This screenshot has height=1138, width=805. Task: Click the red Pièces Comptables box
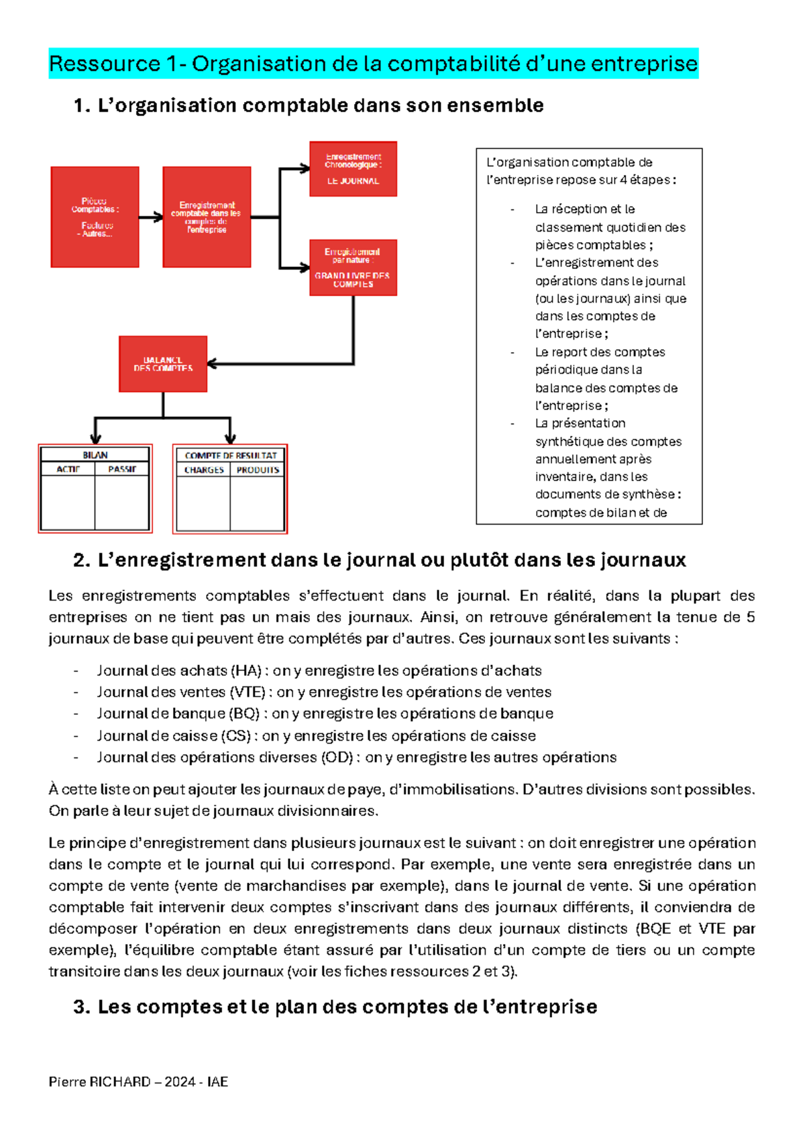pos(95,217)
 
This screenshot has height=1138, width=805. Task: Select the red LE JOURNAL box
pos(353,169)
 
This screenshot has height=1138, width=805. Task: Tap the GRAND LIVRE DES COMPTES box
pos(353,268)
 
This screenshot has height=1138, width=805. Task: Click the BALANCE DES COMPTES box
pos(163,364)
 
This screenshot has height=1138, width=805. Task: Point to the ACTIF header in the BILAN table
pos(68,469)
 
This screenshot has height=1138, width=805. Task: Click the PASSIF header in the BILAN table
pos(122,469)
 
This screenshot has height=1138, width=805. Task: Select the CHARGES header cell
pos(204,470)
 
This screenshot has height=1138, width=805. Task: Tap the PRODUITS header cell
pos(258,470)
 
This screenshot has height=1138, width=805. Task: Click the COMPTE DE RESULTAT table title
pos(230,456)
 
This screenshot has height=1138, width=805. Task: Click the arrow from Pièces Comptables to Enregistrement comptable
pos(151,217)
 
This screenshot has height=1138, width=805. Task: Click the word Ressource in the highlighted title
pos(105,64)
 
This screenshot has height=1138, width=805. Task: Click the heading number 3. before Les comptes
pos(81,1006)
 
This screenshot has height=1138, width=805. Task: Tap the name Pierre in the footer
pos(67,1082)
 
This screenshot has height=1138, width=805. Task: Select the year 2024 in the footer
pos(180,1082)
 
